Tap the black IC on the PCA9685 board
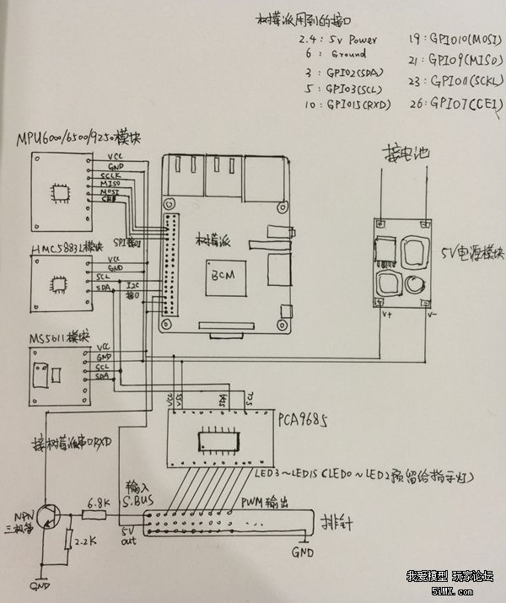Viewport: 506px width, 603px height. (x=218, y=441)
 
